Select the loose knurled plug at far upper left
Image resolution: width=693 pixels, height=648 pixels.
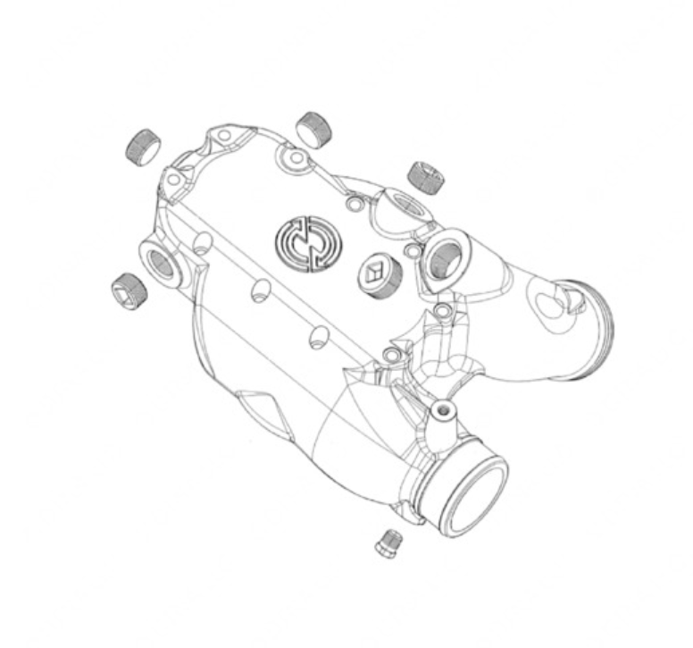(x=144, y=146)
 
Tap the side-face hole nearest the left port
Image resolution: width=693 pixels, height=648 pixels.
(x=205, y=242)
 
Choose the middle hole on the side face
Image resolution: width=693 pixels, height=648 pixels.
(x=261, y=290)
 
